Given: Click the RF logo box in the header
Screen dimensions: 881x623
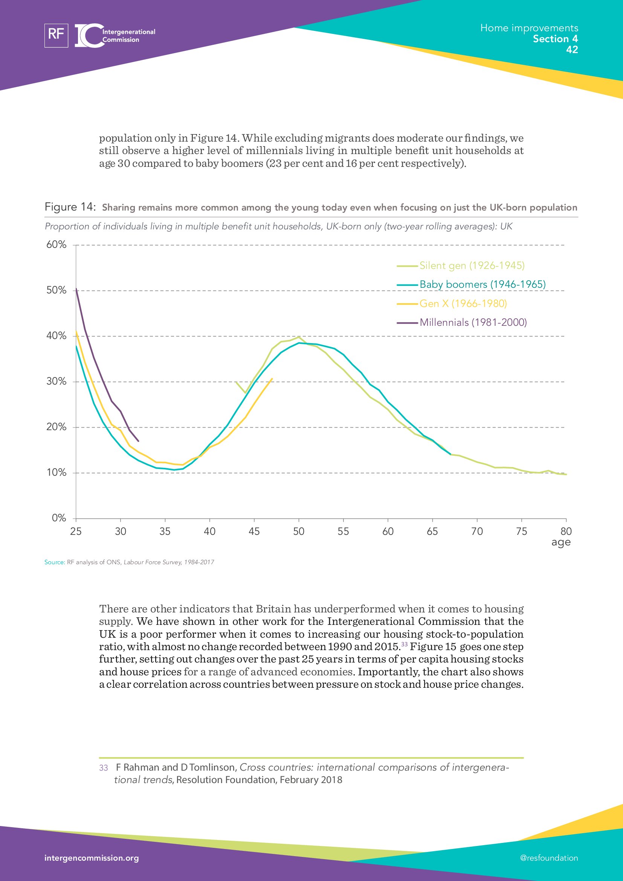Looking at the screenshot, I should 56,35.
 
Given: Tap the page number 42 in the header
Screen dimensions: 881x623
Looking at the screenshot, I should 572,49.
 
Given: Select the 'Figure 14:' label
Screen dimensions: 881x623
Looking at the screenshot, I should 70,207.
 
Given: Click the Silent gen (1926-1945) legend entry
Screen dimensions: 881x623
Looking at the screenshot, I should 472,266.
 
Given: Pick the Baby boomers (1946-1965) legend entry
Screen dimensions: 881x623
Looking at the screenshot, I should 482,284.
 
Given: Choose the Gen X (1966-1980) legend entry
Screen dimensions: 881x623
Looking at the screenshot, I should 463,304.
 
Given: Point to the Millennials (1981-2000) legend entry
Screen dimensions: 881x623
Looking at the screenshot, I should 473,322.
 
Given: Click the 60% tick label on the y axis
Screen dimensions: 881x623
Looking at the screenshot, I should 56,244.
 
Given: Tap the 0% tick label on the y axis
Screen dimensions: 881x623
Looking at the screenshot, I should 59,518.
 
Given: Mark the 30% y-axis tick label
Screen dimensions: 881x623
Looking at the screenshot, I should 56,382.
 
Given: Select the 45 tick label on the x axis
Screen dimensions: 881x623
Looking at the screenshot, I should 254,531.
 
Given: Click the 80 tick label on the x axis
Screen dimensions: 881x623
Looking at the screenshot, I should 566,531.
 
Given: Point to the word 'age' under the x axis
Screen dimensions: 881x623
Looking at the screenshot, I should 561,542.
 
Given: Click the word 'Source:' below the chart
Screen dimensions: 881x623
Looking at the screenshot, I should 55,562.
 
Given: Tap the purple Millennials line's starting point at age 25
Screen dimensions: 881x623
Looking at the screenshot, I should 76,289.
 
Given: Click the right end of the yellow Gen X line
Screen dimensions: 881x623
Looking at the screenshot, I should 272,379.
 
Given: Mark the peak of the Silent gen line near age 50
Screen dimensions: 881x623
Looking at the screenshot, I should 299,337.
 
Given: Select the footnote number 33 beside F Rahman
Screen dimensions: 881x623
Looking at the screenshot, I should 103,768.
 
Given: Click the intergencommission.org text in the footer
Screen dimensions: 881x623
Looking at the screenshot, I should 92,858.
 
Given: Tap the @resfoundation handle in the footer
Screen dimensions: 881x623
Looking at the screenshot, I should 548,858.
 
